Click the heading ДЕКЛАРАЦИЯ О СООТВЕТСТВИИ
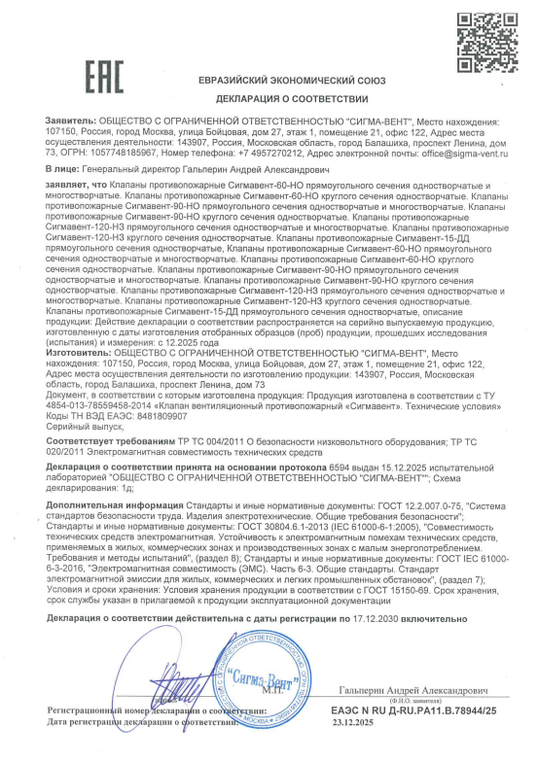pos(269,99)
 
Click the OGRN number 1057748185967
pos(118,154)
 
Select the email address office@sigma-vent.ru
pos(455,154)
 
